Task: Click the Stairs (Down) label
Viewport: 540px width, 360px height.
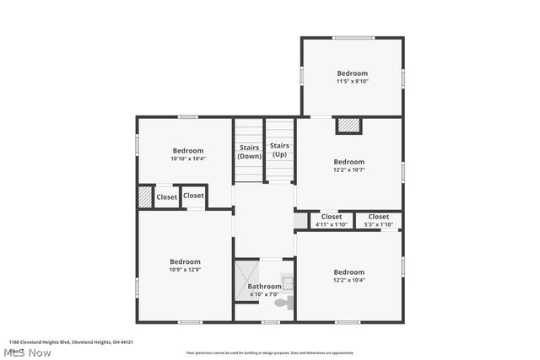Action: pyautogui.click(x=249, y=151)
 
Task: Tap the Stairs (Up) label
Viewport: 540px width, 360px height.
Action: pyautogui.click(x=279, y=149)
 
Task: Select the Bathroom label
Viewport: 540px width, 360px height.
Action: pyautogui.click(x=264, y=287)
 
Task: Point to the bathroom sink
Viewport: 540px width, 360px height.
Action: pyautogui.click(x=287, y=282)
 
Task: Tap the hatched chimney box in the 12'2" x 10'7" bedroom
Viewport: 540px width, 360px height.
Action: pyautogui.click(x=348, y=125)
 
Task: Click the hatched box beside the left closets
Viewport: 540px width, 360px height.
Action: pyautogui.click(x=144, y=196)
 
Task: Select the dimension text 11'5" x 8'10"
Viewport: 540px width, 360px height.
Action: pyautogui.click(x=353, y=82)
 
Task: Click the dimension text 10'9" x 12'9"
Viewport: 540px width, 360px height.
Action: pyautogui.click(x=185, y=271)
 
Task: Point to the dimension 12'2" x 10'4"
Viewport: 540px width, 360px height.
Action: pyautogui.click(x=348, y=281)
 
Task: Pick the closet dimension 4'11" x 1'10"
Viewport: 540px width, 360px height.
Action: pyautogui.click(x=332, y=224)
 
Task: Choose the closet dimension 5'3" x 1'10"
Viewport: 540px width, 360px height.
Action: pyautogui.click(x=378, y=224)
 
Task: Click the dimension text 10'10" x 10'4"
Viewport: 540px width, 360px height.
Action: pyautogui.click(x=188, y=159)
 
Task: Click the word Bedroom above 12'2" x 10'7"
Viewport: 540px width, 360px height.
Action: pyautogui.click(x=348, y=162)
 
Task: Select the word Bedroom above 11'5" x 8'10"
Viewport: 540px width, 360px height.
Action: pyautogui.click(x=353, y=73)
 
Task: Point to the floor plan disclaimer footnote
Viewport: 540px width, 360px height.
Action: pyautogui.click(x=270, y=352)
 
